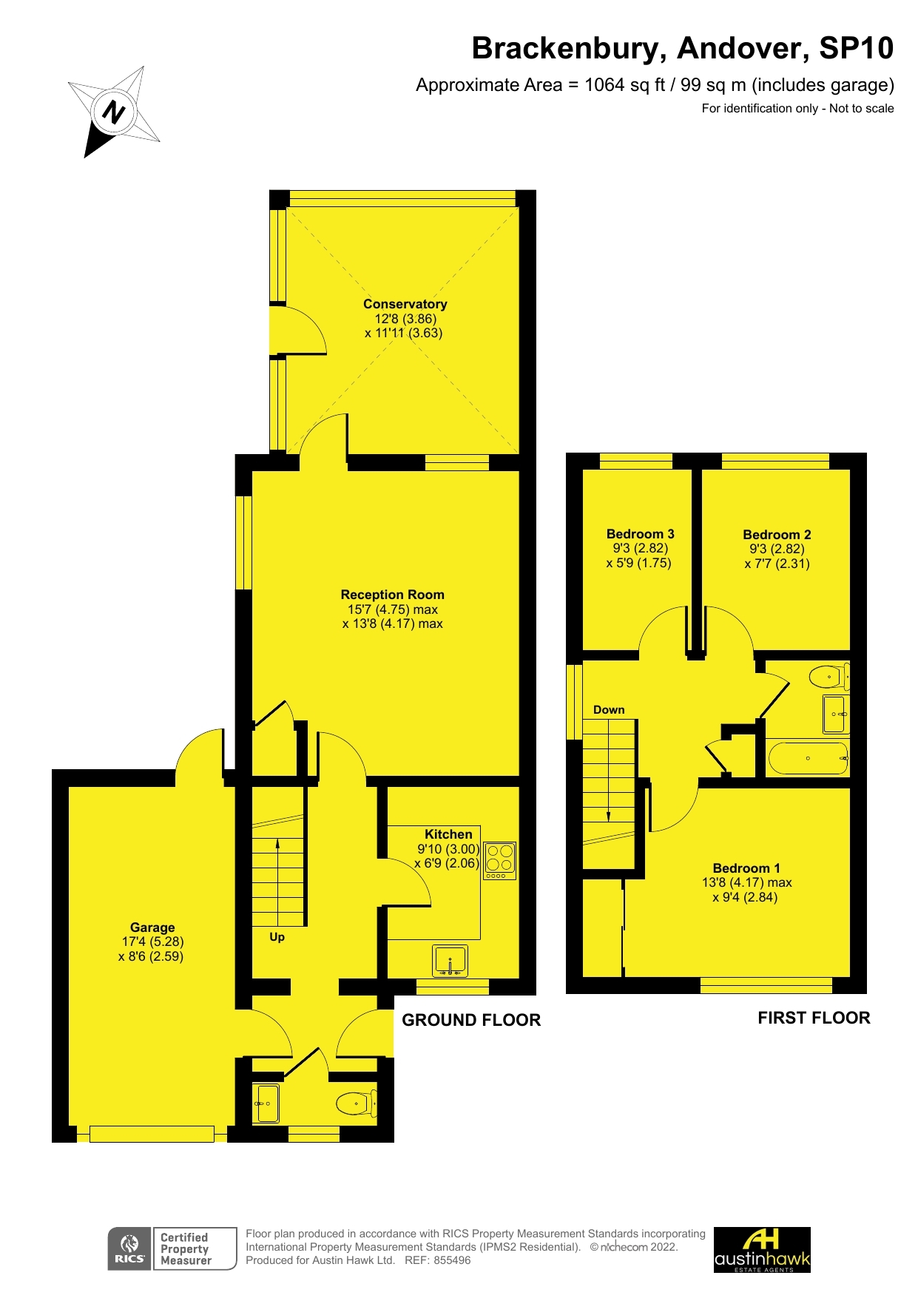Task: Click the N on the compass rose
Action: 113,112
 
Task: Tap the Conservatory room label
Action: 405,304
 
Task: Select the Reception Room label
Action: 392,595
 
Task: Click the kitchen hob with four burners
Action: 499,859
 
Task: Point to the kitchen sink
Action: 450,961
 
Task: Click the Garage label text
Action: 152,927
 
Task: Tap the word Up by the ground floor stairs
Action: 277,937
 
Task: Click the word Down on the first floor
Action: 609,710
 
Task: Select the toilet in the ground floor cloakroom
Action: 357,1103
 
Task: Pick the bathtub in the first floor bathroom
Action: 808,758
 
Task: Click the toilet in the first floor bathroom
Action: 828,676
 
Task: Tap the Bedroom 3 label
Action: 640,534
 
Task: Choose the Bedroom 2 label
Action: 777,535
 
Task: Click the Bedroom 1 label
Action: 746,868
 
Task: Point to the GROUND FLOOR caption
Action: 471,1020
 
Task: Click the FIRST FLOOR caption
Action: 814,1018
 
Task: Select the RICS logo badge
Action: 129,1248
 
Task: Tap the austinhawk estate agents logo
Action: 762,1249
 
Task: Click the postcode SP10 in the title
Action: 856,48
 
